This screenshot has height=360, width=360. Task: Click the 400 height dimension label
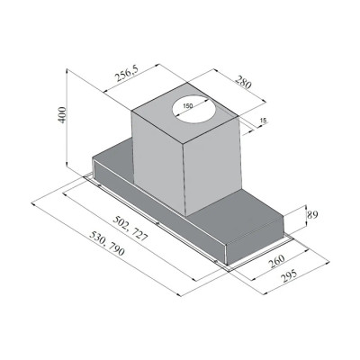pos(62,114)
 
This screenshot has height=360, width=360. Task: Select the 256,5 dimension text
pos(127,74)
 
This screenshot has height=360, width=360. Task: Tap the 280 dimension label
pos(243,83)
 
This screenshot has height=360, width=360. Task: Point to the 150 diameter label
pos(187,105)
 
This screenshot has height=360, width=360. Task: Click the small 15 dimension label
pos(263,121)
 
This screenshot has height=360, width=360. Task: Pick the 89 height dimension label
pos(312,215)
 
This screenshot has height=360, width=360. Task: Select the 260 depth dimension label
pos(276,261)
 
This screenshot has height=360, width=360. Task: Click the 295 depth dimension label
pos(289,276)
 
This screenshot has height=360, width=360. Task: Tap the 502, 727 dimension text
pos(130,229)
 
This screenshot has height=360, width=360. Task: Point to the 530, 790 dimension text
pos(107,244)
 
